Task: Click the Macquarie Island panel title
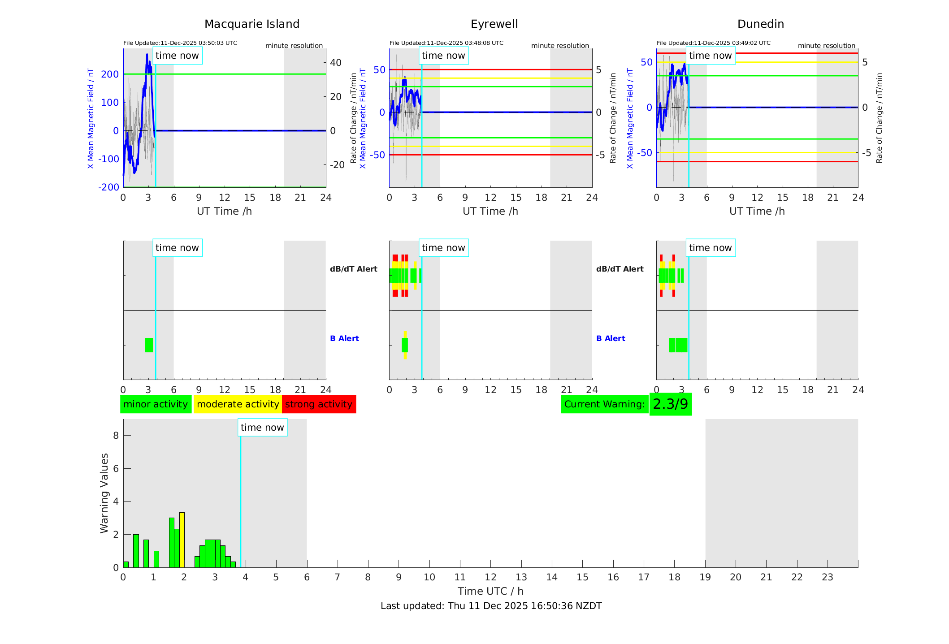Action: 251,24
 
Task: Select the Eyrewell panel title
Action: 494,24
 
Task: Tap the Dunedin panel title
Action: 760,24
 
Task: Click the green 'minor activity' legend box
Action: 156,404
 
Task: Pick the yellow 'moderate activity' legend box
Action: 238,404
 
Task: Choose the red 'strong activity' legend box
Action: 319,404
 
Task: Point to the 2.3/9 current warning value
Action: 670,404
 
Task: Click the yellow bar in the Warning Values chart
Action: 182,540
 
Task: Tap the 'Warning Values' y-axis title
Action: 104,493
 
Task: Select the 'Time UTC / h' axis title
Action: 490,591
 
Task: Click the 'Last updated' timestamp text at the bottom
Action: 491,606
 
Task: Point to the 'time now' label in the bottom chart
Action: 262,428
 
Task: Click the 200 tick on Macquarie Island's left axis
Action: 110,74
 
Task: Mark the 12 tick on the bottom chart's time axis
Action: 490,577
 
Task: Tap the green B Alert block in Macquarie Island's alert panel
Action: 149,345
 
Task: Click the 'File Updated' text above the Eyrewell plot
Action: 446,43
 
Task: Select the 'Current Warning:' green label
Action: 604,404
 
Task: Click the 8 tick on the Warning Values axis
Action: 116,435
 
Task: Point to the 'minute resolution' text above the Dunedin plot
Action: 826,46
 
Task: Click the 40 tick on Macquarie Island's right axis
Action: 336,63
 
